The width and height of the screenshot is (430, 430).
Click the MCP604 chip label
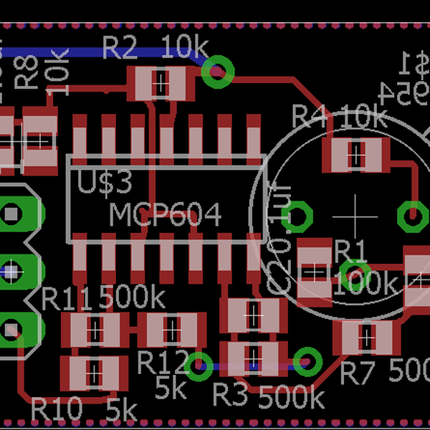pos(166,214)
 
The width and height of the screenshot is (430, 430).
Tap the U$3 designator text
pos(105,183)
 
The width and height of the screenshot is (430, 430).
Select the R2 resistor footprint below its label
pos(161,84)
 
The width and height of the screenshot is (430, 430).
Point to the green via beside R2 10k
pos(218,71)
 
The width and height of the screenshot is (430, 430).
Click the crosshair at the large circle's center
pos(355,215)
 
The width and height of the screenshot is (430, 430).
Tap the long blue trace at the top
pos(107,52)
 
